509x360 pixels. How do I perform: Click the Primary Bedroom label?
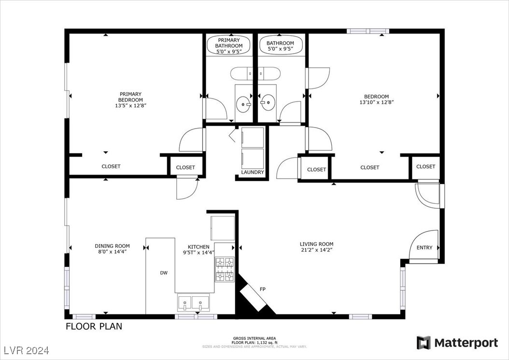point(130,97)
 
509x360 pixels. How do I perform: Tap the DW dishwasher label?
point(164,273)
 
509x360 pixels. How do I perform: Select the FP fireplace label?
point(263,289)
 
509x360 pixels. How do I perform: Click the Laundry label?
point(253,172)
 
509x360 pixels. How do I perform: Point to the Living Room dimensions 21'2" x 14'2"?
point(316,250)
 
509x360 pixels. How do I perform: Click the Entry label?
point(424,247)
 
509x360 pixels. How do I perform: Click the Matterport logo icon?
point(424,343)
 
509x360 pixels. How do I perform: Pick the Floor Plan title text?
point(94,326)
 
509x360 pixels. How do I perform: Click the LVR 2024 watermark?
point(27,350)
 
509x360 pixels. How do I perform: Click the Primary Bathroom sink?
point(243,104)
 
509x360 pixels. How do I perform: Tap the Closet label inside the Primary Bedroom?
point(111,166)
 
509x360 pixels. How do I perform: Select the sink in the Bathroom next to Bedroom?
point(268,102)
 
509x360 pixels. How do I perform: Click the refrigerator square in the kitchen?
point(223,228)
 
